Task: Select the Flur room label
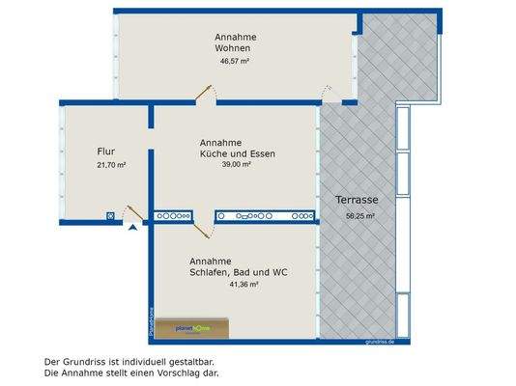tap(107, 152)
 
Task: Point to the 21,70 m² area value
tap(112, 165)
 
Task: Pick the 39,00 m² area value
tap(237, 165)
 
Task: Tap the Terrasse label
tap(357, 200)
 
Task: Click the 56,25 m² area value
tap(360, 216)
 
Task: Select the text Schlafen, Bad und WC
tap(239, 273)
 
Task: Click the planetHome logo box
tap(195, 329)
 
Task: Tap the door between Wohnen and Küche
tap(205, 92)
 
